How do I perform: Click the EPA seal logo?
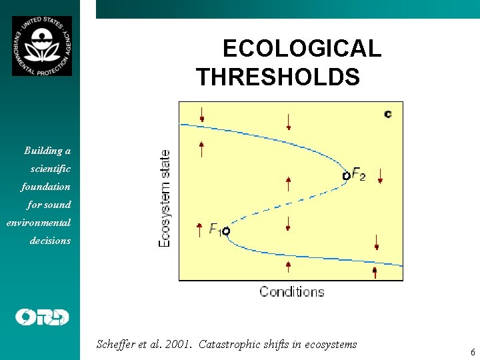41,46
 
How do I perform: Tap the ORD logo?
42,317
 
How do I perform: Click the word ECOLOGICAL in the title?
301,49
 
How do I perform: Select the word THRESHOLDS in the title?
278,77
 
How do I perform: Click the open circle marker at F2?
346,176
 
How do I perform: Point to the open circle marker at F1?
226,231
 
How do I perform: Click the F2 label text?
358,175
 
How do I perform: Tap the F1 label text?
215,229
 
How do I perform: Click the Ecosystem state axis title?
164,197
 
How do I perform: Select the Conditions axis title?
291,291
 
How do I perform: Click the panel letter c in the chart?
388,114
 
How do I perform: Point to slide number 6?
472,351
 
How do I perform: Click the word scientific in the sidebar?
50,169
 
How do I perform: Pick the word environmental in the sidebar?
39,223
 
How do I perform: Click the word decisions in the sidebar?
50,241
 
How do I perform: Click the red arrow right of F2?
379,176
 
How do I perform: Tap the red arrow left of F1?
199,230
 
